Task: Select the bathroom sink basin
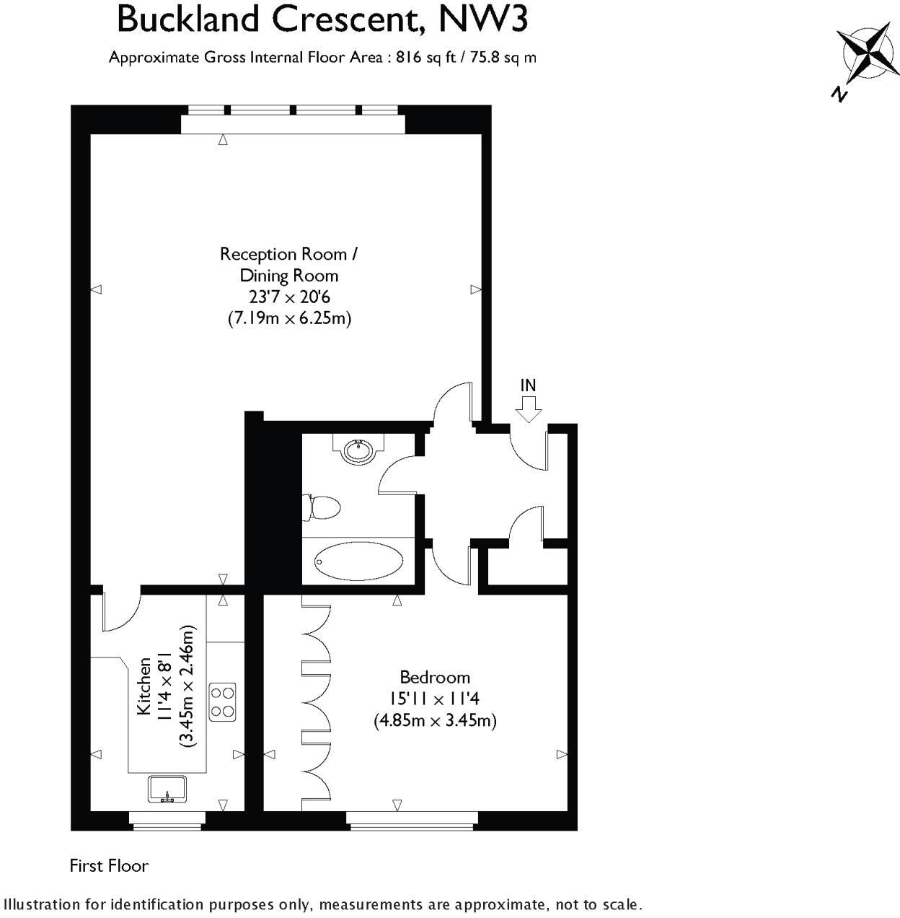point(358,451)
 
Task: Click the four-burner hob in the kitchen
point(222,701)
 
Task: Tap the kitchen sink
point(167,788)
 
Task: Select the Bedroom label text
point(435,677)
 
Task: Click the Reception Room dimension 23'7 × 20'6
point(289,296)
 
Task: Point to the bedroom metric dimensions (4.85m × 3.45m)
point(435,720)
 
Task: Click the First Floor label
point(109,865)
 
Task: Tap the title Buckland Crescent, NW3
point(322,19)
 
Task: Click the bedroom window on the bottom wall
point(411,818)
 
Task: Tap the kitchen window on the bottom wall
point(167,818)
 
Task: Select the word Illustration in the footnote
point(41,904)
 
